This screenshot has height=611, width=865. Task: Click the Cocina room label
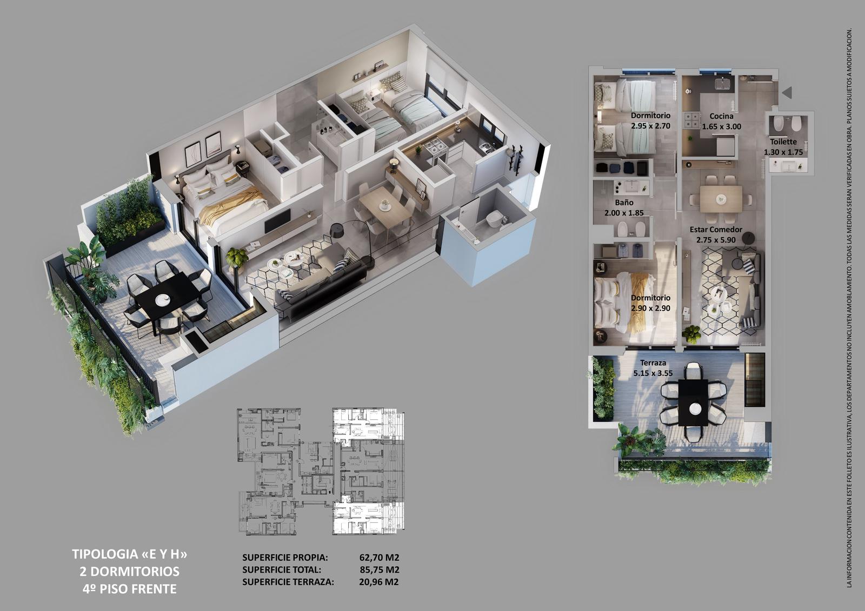click(x=721, y=116)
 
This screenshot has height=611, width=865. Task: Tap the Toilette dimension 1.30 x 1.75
click(x=783, y=152)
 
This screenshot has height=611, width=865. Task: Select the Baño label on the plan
click(x=624, y=202)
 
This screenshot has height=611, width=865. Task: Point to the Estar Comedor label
click(x=716, y=229)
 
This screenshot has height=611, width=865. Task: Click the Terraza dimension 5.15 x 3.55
click(x=653, y=373)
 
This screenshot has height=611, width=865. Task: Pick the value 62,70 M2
click(x=379, y=558)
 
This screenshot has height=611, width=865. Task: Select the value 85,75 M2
click(x=379, y=570)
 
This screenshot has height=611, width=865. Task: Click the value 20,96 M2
click(x=379, y=582)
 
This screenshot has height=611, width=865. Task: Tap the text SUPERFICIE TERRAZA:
click(x=288, y=582)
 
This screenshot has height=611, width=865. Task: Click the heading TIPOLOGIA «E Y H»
click(x=130, y=554)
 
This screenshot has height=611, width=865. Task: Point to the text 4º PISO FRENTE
click(x=130, y=589)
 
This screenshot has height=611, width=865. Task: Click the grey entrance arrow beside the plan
click(x=787, y=92)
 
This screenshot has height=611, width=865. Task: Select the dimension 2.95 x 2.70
click(x=651, y=126)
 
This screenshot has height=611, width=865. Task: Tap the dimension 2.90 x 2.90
click(x=651, y=308)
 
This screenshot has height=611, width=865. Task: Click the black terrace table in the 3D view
click(x=168, y=296)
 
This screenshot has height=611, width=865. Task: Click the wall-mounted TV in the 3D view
click(x=278, y=220)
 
